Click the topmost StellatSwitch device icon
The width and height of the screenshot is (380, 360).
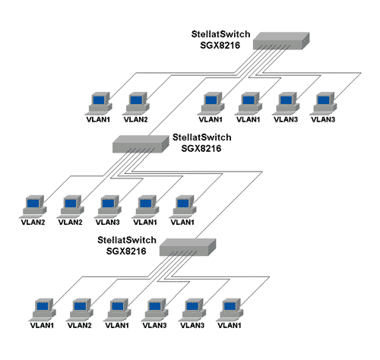tap(281, 41)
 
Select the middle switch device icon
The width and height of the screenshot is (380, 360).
tap(141, 144)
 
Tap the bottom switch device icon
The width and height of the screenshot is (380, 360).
tap(188, 247)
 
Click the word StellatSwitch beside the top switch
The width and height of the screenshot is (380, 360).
tap(220, 34)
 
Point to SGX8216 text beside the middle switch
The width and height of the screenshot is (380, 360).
tap(201, 148)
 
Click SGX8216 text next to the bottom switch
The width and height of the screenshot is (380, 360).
tap(126, 251)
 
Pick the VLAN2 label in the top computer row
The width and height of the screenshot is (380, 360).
tap(135, 119)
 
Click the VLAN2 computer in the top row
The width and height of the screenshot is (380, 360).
tap(135, 103)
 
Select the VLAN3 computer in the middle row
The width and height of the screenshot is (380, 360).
tap(107, 207)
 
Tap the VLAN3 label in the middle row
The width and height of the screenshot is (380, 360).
tap(107, 223)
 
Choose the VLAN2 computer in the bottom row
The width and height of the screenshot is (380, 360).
tap(80, 310)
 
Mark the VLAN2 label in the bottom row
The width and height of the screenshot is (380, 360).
tap(80, 325)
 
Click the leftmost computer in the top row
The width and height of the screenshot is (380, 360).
tap(98, 103)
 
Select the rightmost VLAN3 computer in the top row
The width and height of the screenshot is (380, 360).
tap(323, 103)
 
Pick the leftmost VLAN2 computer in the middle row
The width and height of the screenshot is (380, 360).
tap(33, 207)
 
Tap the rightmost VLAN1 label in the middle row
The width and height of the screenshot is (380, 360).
tap(182, 223)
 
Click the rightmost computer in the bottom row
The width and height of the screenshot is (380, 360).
tap(230, 310)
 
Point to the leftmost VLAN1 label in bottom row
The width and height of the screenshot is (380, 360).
tap(42, 325)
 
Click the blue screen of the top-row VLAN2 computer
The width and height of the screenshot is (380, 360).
tap(136, 100)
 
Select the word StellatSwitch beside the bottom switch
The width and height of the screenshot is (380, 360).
tap(127, 240)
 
